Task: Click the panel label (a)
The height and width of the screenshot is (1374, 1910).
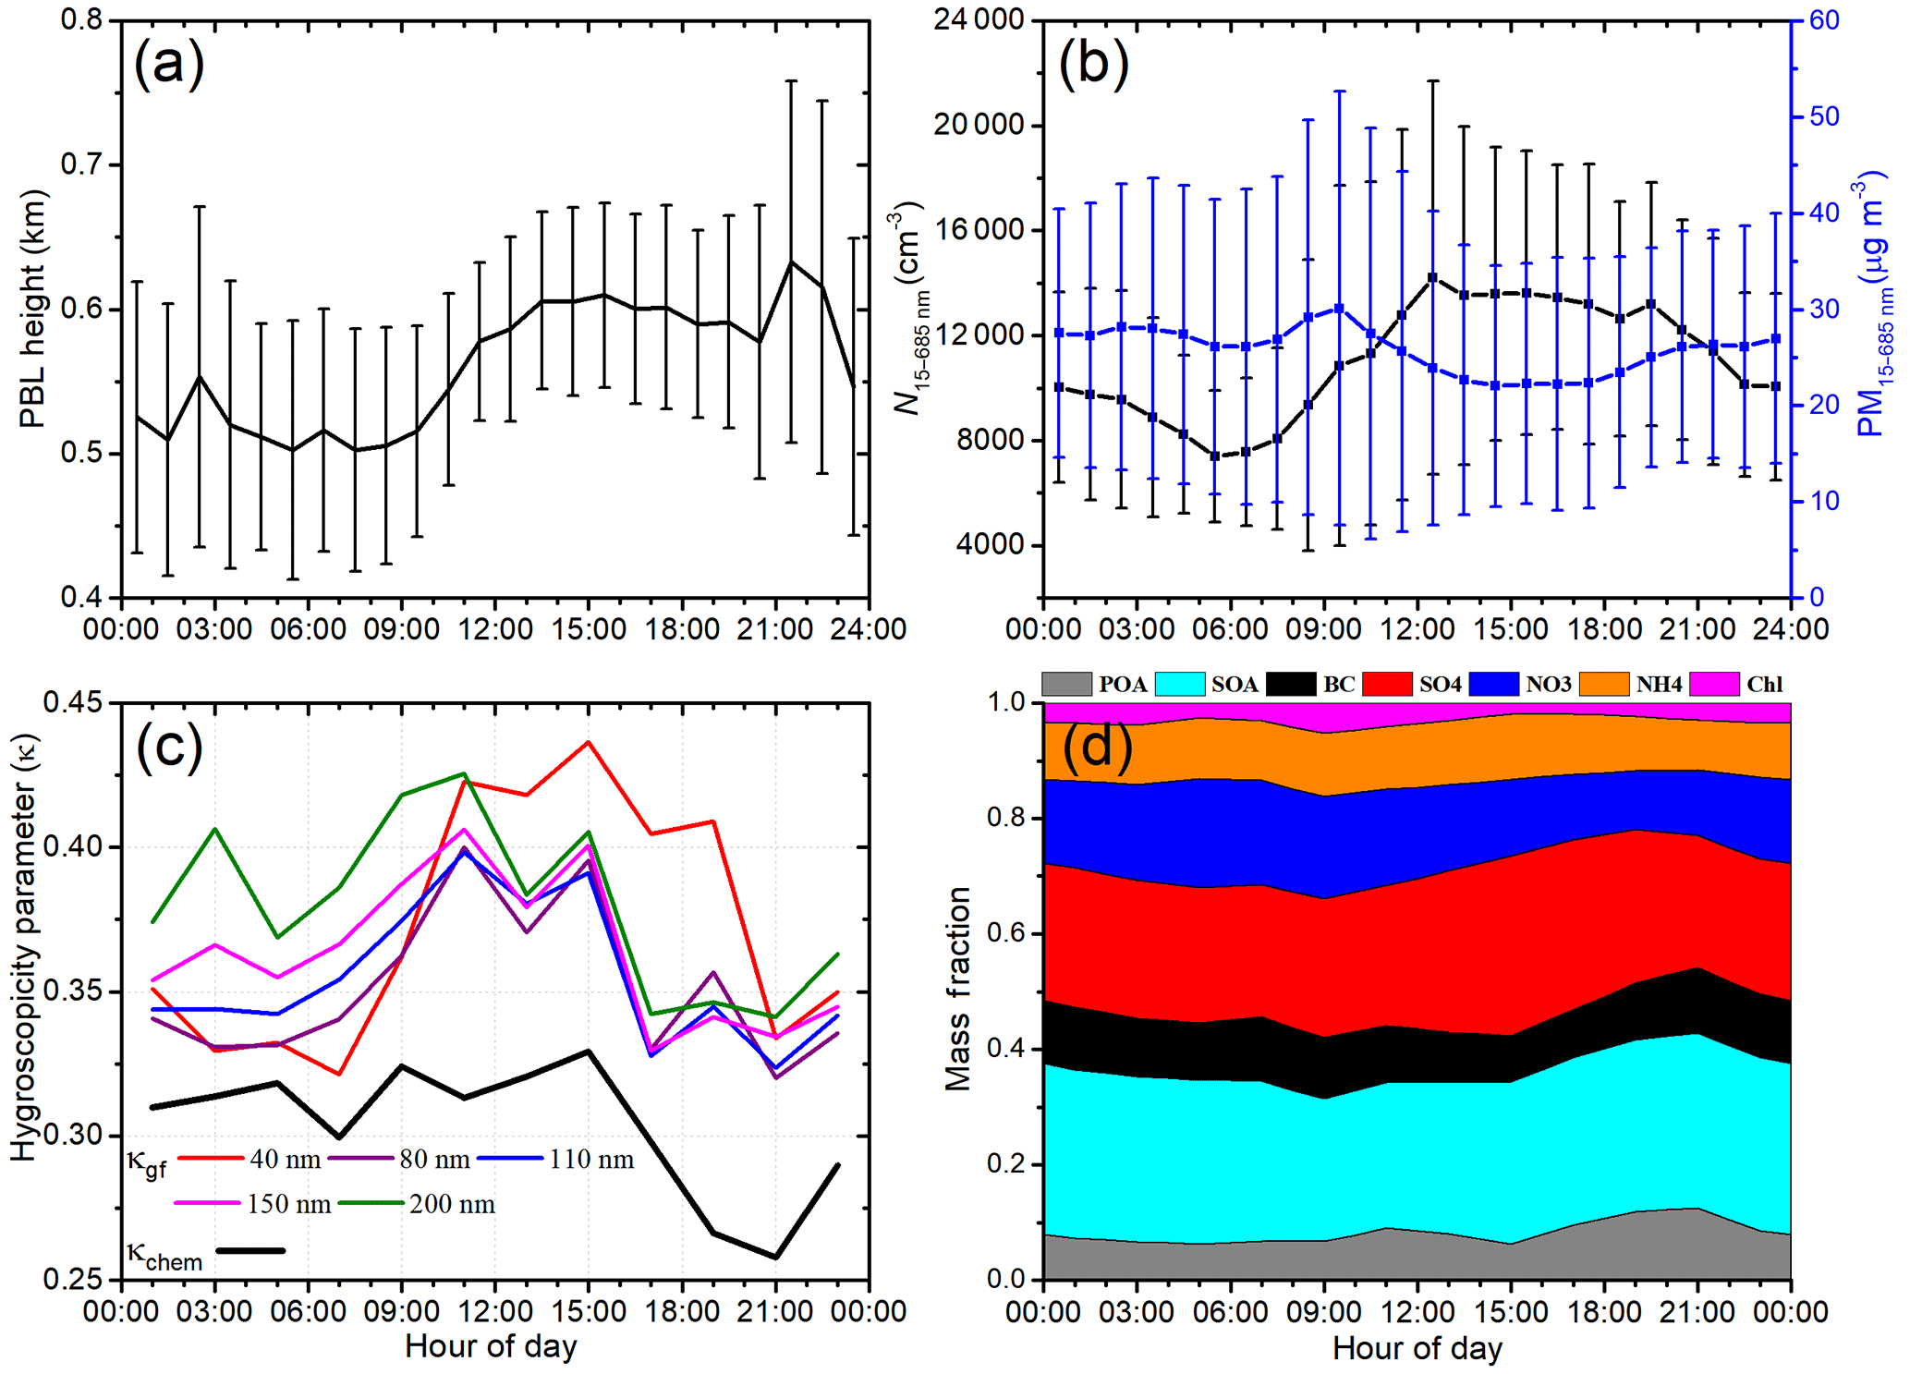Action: click(169, 66)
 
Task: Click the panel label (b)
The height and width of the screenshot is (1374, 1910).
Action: click(1093, 66)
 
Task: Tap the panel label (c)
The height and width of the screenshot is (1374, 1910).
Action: click(169, 748)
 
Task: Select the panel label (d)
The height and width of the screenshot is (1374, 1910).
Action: click(1097, 746)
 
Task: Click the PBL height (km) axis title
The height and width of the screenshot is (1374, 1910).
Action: click(32, 310)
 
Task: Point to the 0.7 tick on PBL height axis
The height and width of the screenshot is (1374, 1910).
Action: click(81, 165)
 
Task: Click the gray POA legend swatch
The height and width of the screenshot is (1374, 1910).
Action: click(1066, 684)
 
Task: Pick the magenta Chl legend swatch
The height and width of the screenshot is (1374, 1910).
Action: click(1715, 684)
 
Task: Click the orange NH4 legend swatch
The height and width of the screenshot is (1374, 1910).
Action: click(1604, 684)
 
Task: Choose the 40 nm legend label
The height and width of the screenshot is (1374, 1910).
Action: click(286, 1159)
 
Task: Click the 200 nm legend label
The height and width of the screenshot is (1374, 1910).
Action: click(452, 1204)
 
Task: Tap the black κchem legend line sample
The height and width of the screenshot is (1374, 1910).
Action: click(250, 1250)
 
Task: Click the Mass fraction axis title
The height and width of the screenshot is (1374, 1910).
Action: click(958, 990)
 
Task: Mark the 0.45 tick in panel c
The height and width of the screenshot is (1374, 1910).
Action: click(73, 703)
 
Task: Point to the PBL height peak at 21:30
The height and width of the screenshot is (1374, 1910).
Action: click(791, 261)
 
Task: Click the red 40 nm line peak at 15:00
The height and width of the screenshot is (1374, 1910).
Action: click(589, 742)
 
